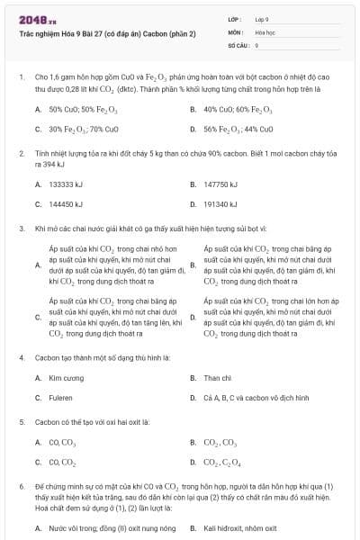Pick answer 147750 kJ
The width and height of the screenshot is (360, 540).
[220, 184]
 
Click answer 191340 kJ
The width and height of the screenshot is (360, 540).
[220, 204]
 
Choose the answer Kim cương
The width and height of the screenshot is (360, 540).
[67, 378]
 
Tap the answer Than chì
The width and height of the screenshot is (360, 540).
[218, 378]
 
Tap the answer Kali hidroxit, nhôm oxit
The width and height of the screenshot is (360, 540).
[240, 529]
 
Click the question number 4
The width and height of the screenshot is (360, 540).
[21, 357]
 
